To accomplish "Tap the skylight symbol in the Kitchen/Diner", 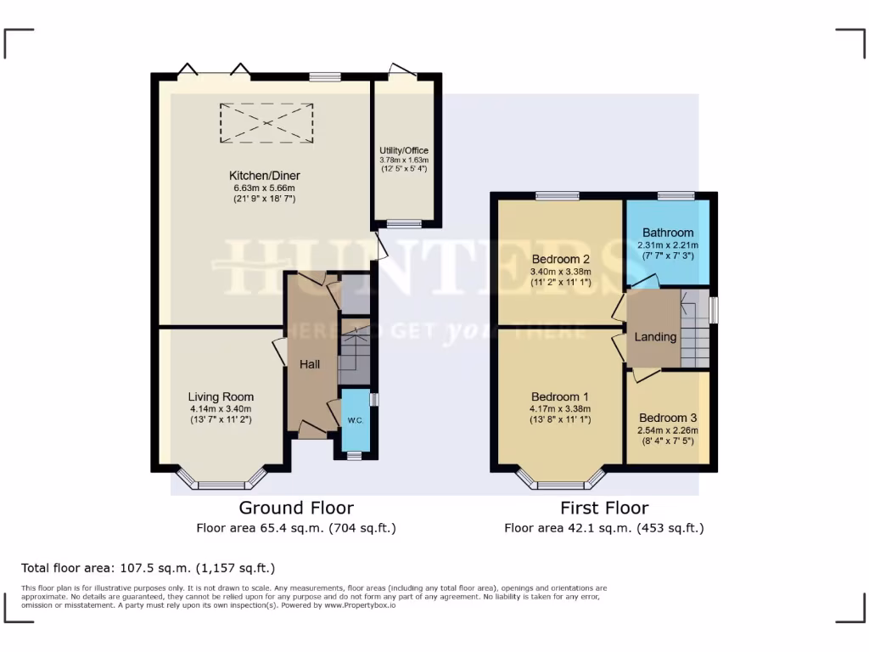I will (266, 123).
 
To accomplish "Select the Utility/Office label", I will (404, 150).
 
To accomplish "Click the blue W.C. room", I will (354, 420).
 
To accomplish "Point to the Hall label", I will (310, 364).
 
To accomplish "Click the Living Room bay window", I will (221, 485).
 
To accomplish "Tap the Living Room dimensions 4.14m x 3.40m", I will (221, 409).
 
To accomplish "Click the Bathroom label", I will (667, 233).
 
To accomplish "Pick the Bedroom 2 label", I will (560, 259).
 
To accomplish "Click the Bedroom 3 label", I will (668, 418).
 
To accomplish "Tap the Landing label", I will (656, 336).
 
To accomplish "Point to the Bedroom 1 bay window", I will (560, 485).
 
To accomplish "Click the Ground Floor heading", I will (296, 508).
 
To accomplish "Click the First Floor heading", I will (603, 508).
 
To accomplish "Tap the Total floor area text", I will (148, 568).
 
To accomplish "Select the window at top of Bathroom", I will (676, 196).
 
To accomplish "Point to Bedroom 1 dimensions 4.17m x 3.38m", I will (560, 408).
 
